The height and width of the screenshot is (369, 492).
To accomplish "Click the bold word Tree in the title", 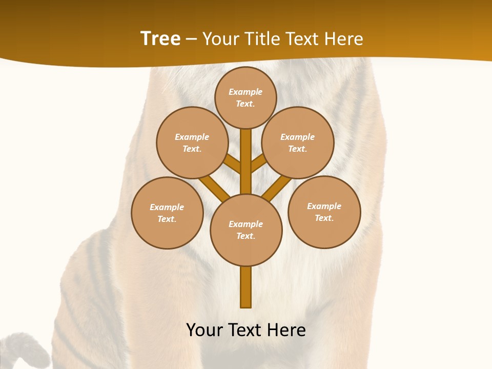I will [160, 39].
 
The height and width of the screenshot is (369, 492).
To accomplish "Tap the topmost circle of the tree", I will [245, 97].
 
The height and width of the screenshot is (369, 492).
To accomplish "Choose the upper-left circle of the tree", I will [192, 142].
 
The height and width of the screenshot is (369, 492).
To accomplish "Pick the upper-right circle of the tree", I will [298, 142].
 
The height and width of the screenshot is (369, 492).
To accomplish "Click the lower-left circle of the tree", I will [167, 213].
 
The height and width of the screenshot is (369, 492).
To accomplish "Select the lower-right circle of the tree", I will [324, 212].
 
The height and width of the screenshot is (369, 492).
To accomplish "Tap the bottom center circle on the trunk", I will [246, 230].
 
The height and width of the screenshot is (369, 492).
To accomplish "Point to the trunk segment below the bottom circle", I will [246, 287].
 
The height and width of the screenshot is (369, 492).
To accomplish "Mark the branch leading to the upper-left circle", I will [232, 163].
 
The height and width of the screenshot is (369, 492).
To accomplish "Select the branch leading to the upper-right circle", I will [259, 163].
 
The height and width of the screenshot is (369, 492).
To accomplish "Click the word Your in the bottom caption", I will [204, 330].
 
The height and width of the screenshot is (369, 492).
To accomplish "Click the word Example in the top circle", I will [245, 92].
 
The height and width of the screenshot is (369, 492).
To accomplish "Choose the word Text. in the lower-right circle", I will [324, 218].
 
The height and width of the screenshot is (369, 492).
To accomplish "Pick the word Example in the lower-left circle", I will [167, 207].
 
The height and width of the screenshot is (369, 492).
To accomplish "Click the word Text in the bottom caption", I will [245, 330].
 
